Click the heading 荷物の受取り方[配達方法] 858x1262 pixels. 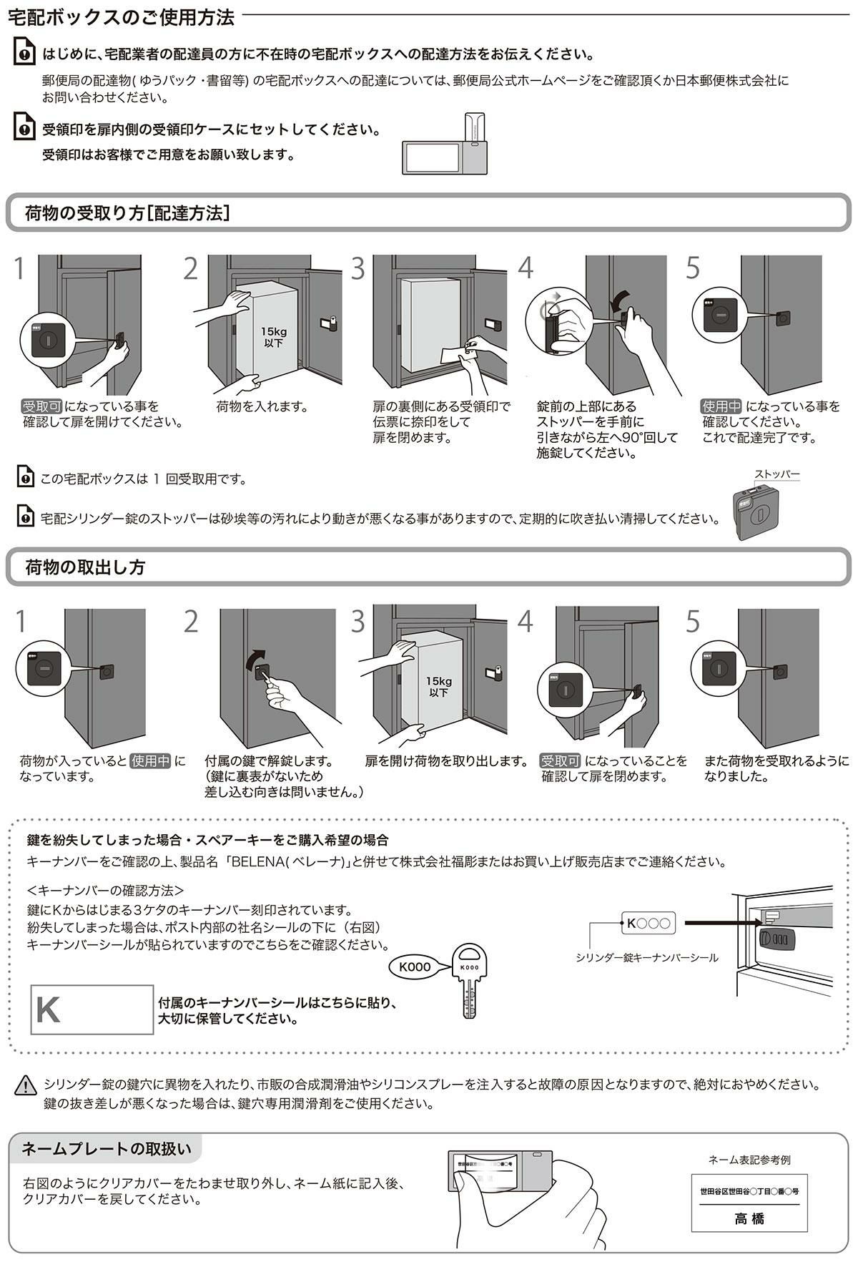[127, 212]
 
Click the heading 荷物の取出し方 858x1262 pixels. [85, 567]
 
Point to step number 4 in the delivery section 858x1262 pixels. [526, 268]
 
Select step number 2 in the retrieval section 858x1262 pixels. [190, 622]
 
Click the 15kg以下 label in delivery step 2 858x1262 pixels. [272, 337]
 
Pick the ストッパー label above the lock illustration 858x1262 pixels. [776, 474]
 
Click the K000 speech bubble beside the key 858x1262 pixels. [415, 967]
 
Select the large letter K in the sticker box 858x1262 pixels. [48, 1009]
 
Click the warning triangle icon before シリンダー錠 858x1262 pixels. [25, 1085]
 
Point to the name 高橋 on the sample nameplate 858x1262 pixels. [749, 1218]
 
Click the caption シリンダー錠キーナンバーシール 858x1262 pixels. [647, 957]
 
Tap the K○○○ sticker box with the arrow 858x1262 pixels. [646, 924]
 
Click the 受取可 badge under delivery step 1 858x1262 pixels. [41, 406]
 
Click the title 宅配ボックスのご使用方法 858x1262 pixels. [121, 17]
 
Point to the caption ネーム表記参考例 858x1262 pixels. [749, 1160]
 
